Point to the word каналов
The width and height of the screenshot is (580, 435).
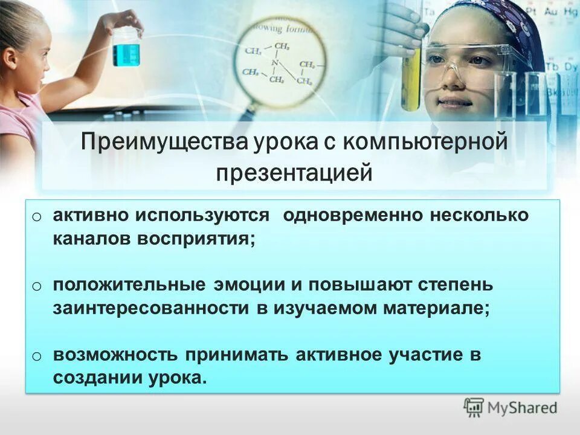91,238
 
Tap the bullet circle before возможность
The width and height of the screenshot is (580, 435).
37,355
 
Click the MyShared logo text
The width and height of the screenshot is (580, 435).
523,407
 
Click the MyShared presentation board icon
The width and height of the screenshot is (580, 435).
474,407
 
